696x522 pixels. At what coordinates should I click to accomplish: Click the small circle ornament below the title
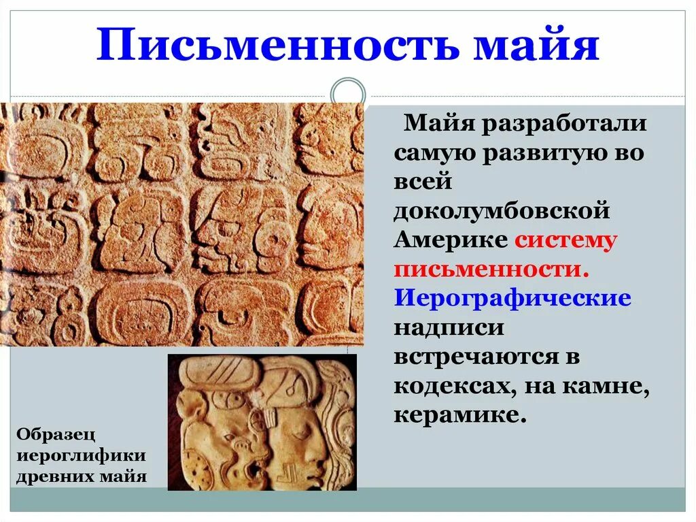[347, 95]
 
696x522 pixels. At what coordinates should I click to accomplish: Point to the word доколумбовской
[502, 211]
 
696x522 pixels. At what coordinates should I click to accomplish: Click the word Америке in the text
[450, 240]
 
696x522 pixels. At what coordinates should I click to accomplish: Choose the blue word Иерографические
[513, 298]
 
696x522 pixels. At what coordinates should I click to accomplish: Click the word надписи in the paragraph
[449, 327]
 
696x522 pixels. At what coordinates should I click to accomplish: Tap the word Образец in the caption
[56, 434]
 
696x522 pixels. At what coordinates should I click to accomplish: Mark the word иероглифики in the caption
[81, 455]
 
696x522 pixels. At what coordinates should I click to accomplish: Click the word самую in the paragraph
[434, 153]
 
